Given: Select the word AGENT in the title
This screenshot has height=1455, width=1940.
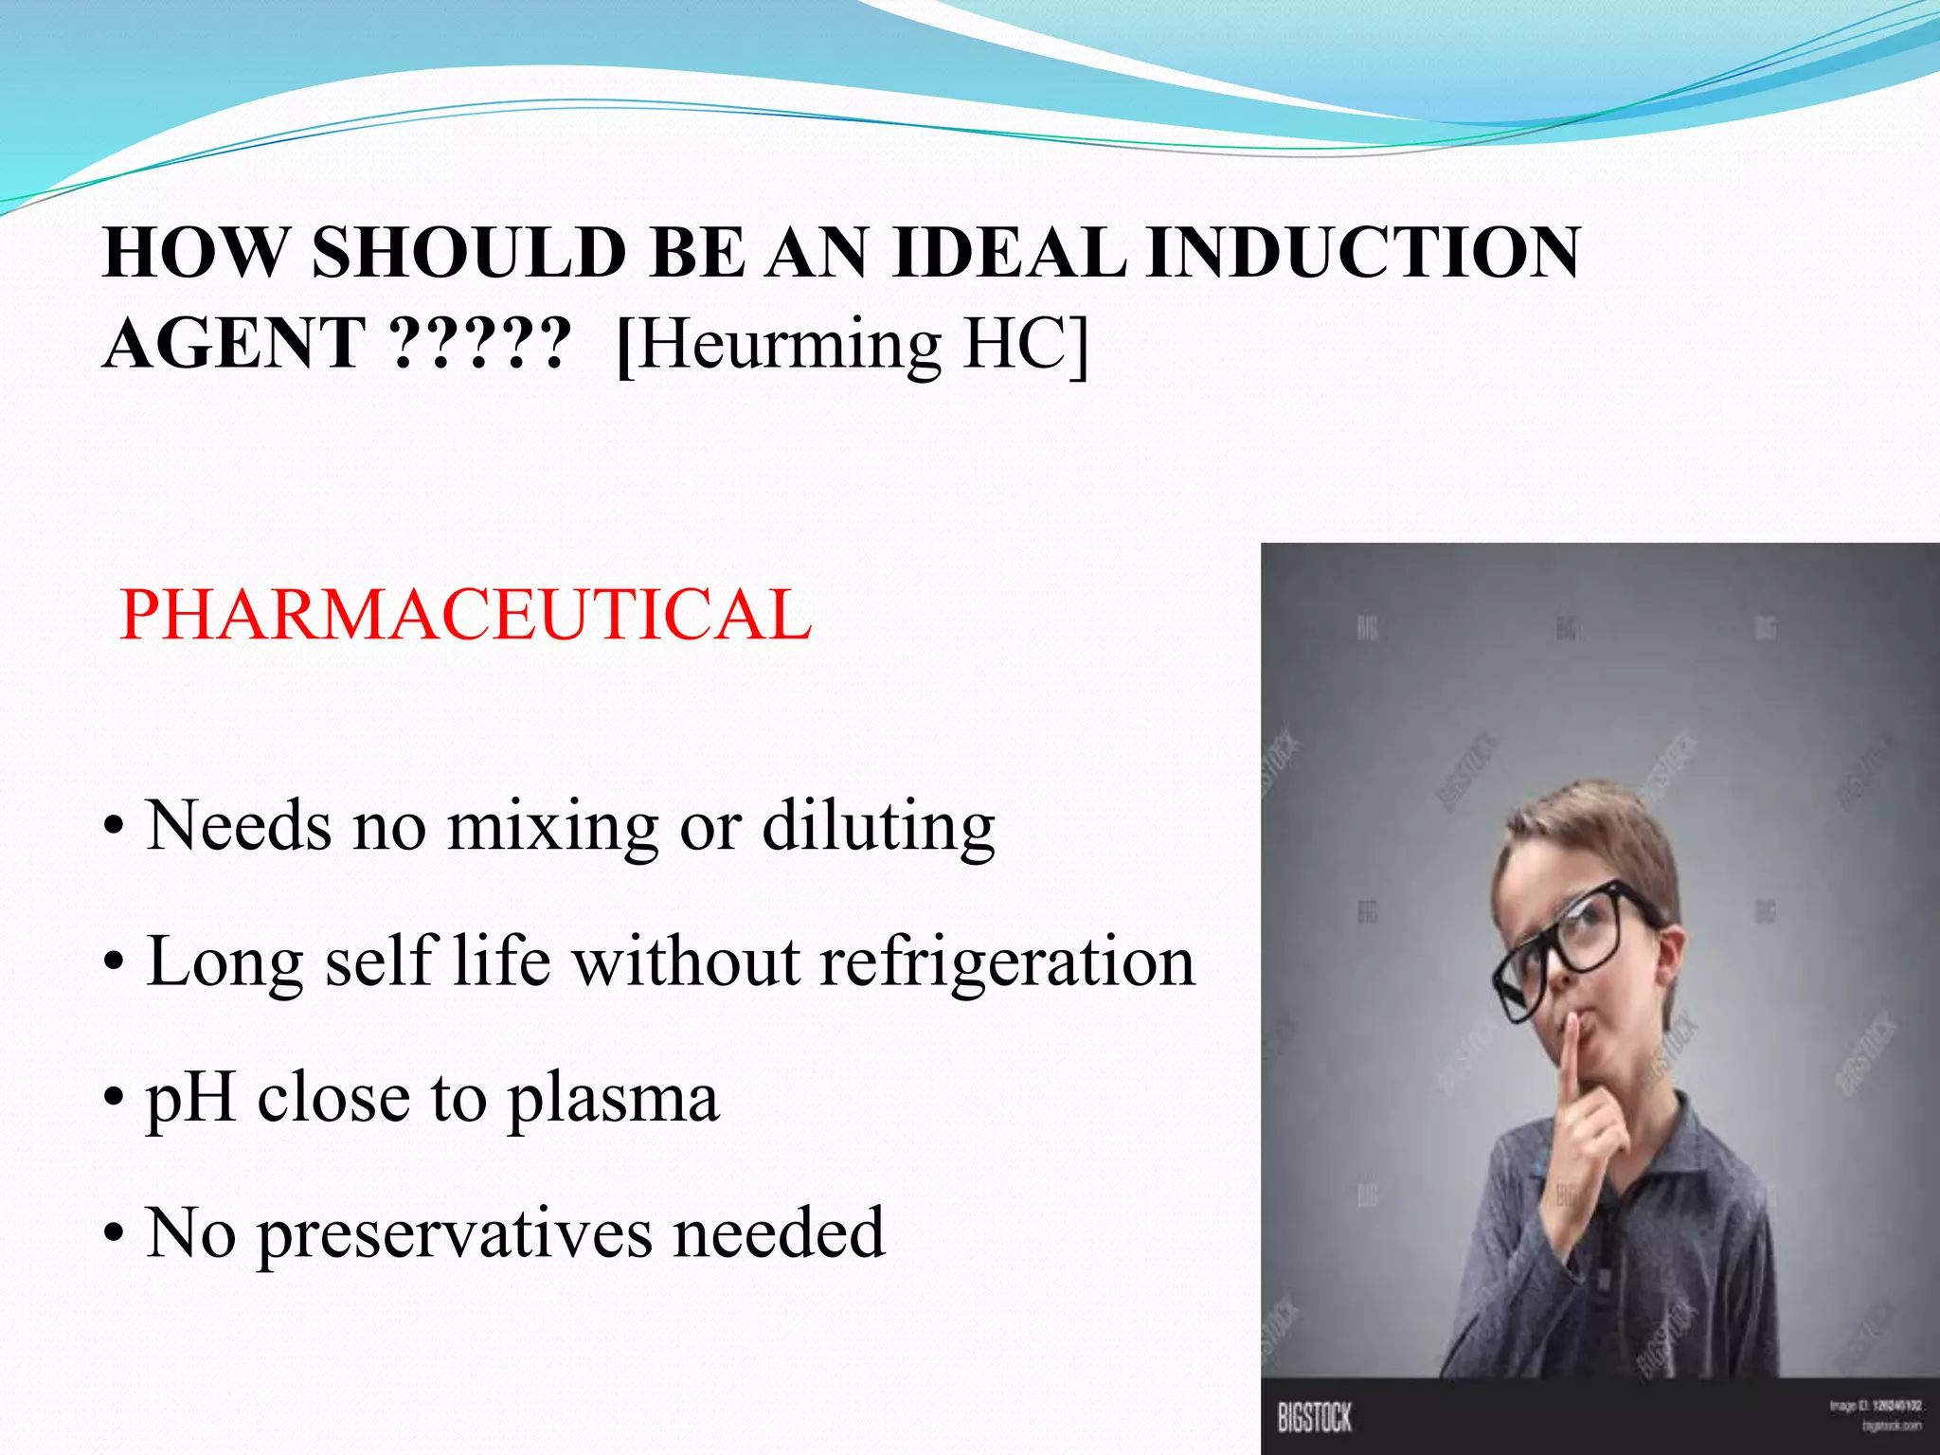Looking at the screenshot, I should click(x=234, y=343).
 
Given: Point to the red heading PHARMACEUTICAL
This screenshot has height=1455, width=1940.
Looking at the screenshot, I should click(x=465, y=615).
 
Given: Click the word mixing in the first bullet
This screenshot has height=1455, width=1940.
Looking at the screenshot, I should click(x=552, y=826).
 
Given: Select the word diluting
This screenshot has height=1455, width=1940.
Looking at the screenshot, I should click(x=878, y=826).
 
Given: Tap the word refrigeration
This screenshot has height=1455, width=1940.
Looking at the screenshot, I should click(x=1007, y=961).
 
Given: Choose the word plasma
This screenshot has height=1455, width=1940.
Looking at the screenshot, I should click(x=613, y=1099).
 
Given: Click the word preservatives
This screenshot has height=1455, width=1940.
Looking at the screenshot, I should click(x=455, y=1234).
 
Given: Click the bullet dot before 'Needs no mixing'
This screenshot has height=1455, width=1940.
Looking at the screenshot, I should click(x=114, y=828).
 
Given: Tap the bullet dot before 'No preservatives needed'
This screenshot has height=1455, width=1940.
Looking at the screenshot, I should click(x=114, y=1235).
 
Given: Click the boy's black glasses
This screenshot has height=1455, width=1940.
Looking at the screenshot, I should click(x=1572, y=947).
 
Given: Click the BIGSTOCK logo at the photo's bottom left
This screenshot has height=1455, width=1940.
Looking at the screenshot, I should click(x=1314, y=1417).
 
